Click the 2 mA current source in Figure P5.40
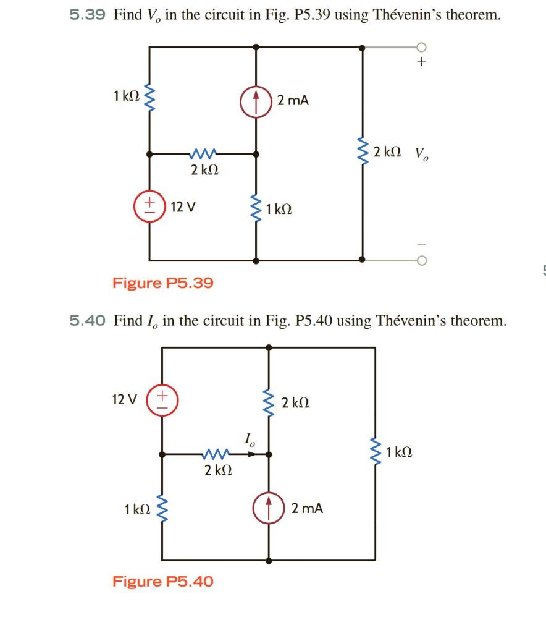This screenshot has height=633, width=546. click(x=269, y=508)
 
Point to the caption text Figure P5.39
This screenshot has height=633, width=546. click(x=162, y=283)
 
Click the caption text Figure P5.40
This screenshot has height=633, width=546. click(x=162, y=581)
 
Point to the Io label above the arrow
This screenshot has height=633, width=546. click(x=248, y=440)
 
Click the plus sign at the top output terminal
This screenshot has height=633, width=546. click(x=421, y=62)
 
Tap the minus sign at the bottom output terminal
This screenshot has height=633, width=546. click(x=421, y=242)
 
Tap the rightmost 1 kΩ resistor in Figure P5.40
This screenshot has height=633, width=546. click(x=375, y=454)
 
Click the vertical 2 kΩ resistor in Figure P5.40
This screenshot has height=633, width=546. click(x=269, y=402)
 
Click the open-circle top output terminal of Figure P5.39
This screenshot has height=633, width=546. click(x=421, y=46)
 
